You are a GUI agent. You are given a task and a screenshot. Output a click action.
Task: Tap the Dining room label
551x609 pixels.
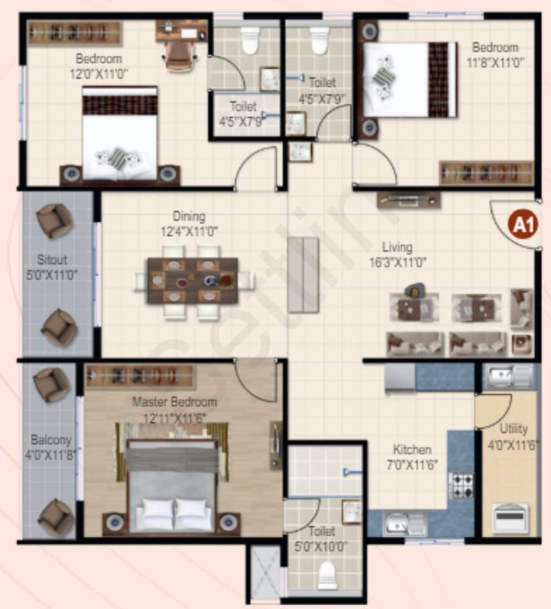pyautogui.click(x=189, y=217)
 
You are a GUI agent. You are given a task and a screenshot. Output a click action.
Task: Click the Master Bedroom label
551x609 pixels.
pyautogui.click(x=174, y=403)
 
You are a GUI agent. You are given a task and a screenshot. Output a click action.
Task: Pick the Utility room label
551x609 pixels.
pyautogui.click(x=513, y=429)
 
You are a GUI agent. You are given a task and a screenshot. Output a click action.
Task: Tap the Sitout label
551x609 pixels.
pyautogui.click(x=52, y=260)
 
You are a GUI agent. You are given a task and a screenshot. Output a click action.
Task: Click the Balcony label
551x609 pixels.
pyautogui.click(x=51, y=439)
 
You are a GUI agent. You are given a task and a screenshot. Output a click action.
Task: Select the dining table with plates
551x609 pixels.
pyautogui.click(x=193, y=280)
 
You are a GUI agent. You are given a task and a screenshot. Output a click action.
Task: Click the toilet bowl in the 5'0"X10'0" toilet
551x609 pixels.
pyautogui.click(x=328, y=576)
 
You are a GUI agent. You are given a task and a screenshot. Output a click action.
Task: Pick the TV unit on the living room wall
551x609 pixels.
pyautogui.click(x=409, y=200)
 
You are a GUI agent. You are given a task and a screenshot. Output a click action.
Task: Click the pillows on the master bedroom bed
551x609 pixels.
pyautogui.click(x=174, y=510)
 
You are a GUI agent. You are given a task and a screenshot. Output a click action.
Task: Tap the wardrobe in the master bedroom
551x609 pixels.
pyautogui.click(x=140, y=377)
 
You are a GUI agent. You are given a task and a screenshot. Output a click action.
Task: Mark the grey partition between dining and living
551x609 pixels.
pyautogui.click(x=303, y=275)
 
